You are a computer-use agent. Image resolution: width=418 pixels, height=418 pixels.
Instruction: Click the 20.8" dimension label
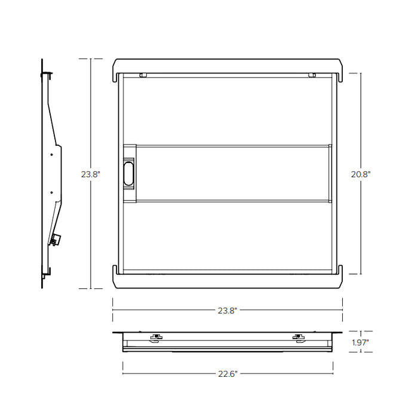[361, 174]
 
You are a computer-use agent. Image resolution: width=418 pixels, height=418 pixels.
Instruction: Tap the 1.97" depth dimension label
[360, 342]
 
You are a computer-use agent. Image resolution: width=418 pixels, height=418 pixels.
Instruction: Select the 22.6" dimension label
[228, 374]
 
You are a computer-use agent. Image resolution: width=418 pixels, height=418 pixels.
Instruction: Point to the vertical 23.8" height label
[91, 174]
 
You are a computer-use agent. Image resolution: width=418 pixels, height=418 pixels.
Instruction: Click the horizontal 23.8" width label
[228, 311]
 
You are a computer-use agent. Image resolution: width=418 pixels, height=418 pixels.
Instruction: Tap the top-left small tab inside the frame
[143, 75]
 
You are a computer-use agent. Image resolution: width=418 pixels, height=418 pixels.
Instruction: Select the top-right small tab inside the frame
[312, 75]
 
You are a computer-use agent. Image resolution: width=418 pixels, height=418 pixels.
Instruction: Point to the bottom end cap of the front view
[228, 281]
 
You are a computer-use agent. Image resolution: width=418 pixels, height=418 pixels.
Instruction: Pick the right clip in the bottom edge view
[298, 337]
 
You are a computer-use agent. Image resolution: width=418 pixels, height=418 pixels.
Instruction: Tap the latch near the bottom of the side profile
[54, 239]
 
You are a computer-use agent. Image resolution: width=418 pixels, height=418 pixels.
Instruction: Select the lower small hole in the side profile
[51, 192]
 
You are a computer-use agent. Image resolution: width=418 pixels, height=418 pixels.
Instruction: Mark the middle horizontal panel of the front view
[233, 174]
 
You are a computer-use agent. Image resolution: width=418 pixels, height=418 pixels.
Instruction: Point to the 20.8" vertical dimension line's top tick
[361, 73]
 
